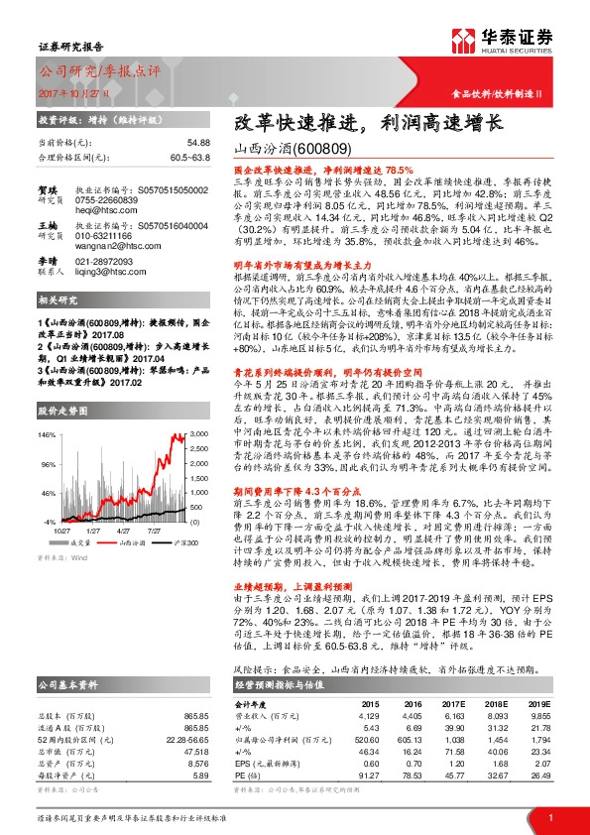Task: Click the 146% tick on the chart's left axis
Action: pos(48,434)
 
